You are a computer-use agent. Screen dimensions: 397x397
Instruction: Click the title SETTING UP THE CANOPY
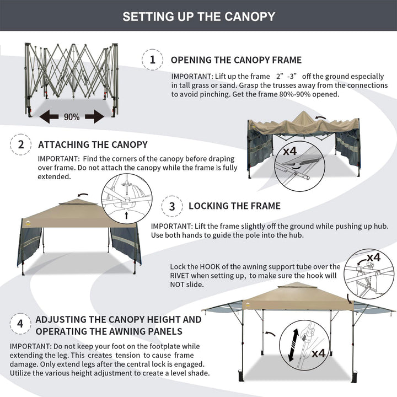(198, 16)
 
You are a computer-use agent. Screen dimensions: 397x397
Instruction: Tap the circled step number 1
(153, 60)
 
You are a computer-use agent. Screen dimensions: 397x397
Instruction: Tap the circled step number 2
(21, 144)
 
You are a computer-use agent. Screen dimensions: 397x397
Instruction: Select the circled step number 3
(172, 206)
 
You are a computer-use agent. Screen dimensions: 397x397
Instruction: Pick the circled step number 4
(20, 324)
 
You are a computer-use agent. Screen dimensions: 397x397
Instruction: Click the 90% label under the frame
(71, 117)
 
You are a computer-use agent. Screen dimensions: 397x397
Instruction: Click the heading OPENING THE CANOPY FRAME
(236, 60)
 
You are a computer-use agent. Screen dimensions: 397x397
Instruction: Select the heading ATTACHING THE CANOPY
(93, 145)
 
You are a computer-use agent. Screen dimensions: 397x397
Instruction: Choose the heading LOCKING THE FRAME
(234, 206)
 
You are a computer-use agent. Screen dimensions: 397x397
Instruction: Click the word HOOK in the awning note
(219, 266)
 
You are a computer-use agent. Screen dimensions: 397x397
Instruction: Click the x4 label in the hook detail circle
(373, 257)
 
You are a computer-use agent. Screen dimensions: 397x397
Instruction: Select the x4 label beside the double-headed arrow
(319, 353)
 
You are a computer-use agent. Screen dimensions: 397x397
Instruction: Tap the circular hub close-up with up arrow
(126, 198)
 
